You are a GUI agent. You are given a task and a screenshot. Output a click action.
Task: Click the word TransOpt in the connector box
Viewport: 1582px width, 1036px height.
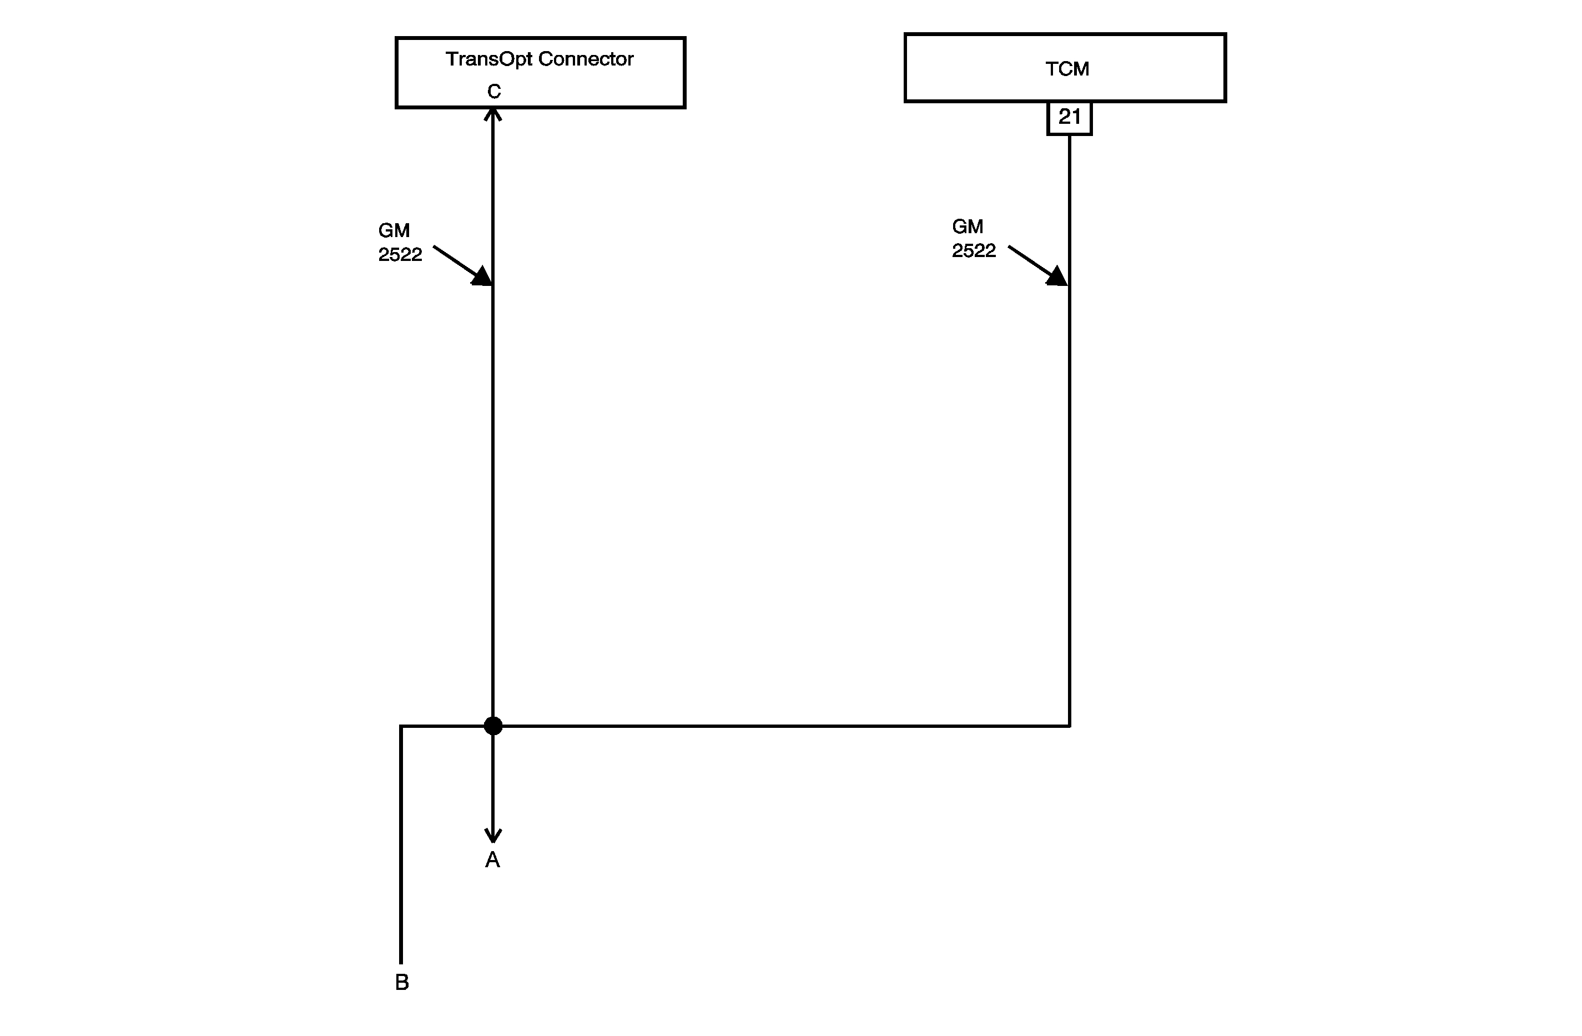(x=488, y=60)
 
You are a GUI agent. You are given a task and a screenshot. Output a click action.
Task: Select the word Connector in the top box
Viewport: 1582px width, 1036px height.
(x=586, y=59)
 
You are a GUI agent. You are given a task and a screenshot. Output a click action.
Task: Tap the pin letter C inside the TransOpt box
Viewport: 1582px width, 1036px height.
(x=493, y=91)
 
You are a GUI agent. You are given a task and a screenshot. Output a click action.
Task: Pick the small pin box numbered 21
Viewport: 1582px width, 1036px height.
(x=1069, y=118)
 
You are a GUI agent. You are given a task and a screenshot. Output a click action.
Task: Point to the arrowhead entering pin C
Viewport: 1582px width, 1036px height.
(x=492, y=114)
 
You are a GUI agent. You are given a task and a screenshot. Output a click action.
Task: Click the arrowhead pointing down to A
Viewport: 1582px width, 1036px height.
(x=492, y=835)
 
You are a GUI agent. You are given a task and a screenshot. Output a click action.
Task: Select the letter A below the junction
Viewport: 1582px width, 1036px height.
(x=492, y=860)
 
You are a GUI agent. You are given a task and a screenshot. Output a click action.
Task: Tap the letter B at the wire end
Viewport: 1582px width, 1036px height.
(x=401, y=982)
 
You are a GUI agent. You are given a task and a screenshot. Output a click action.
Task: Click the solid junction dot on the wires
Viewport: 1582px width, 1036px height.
(x=492, y=726)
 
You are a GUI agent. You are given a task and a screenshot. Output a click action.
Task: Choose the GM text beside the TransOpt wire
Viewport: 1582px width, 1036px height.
(x=394, y=230)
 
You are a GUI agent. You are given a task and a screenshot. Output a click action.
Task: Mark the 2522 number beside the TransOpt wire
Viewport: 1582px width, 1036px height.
(x=400, y=255)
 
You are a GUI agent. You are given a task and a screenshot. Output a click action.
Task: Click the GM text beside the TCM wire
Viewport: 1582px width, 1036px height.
(x=967, y=227)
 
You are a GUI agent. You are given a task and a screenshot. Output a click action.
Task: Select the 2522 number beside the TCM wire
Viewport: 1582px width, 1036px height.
(x=974, y=251)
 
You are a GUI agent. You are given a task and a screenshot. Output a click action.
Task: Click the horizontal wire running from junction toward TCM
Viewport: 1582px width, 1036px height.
(x=784, y=726)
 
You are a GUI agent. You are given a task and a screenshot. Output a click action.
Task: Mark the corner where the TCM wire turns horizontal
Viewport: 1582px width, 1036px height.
(x=1069, y=726)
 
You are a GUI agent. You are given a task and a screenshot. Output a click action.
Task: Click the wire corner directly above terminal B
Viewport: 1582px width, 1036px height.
(x=401, y=726)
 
